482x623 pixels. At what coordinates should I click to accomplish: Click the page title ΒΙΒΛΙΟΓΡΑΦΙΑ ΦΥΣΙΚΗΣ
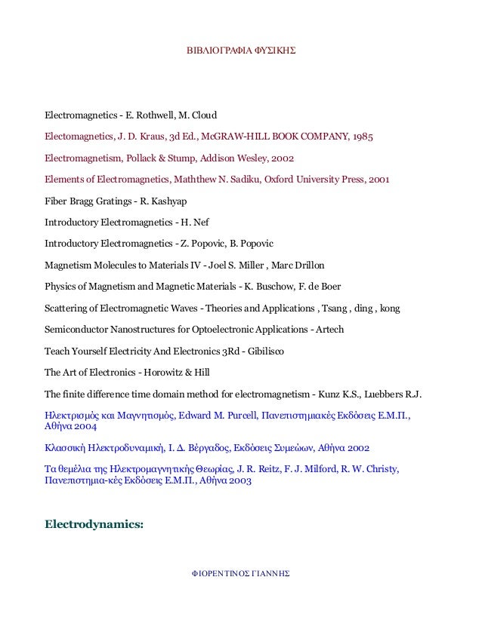241,54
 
